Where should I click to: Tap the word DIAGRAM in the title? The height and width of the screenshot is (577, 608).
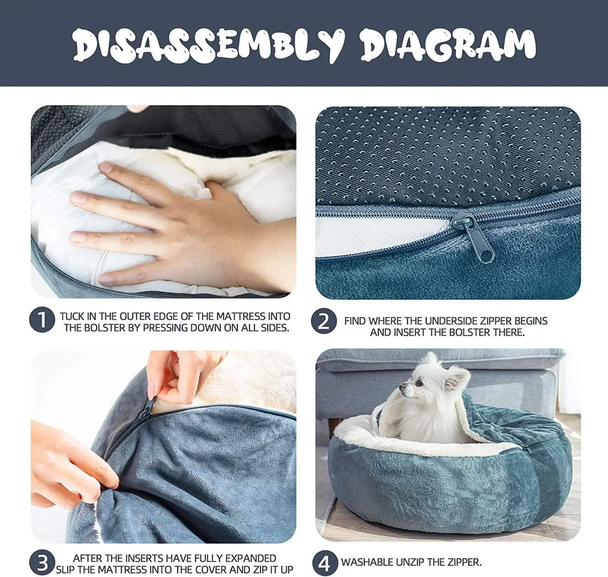tap(448, 45)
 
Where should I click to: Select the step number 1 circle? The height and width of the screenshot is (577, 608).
tap(42, 319)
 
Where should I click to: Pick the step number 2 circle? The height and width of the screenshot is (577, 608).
tap(324, 321)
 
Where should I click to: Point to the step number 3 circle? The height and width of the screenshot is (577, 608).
tap(42, 562)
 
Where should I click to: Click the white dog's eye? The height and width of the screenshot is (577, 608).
tap(419, 383)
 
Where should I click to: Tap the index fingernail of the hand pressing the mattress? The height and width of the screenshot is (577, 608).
tap(106, 167)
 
